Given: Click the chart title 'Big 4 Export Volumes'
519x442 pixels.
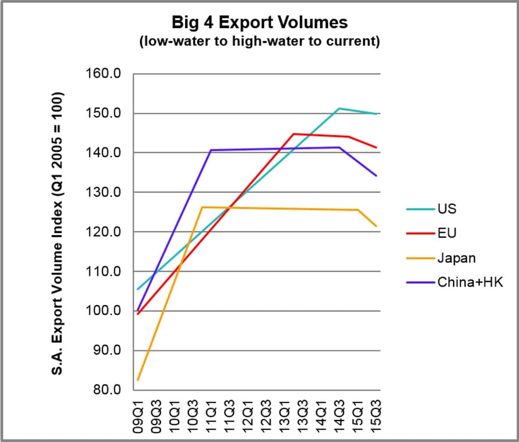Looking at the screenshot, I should (x=259, y=22).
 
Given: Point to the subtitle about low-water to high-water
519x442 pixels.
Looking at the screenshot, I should (x=259, y=42).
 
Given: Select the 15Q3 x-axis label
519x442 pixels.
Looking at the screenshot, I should (x=376, y=417).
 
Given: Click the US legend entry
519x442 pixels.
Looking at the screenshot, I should (x=447, y=209).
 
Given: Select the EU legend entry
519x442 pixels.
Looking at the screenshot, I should (x=447, y=233).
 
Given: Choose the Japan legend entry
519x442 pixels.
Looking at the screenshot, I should (x=456, y=258).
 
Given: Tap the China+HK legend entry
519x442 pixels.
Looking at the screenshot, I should (x=470, y=282).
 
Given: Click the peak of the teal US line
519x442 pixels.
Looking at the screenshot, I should (x=339, y=108).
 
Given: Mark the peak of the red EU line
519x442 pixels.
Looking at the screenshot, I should (x=294, y=134).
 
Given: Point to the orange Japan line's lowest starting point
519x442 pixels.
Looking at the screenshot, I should (x=138, y=380).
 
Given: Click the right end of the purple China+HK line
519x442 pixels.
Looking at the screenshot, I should (x=377, y=176).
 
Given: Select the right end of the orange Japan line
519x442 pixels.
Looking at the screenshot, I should (x=377, y=226).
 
